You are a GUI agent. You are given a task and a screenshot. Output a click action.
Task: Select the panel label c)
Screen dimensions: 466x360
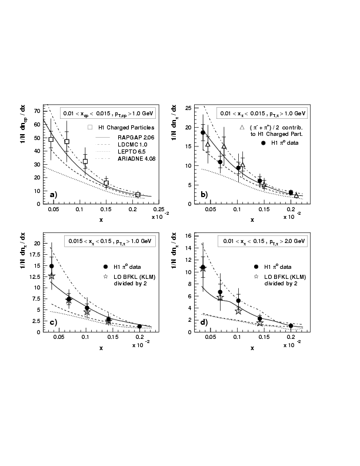[x=52, y=322]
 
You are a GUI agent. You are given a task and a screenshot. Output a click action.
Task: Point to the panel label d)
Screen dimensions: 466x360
[x=203, y=322]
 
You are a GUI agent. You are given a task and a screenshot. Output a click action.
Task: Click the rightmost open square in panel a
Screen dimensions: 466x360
[x=138, y=195]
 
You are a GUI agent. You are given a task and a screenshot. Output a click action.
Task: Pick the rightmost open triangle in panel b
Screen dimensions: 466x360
[x=296, y=195]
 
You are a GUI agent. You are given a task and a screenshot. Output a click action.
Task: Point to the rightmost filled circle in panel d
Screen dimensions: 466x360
[x=291, y=325]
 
